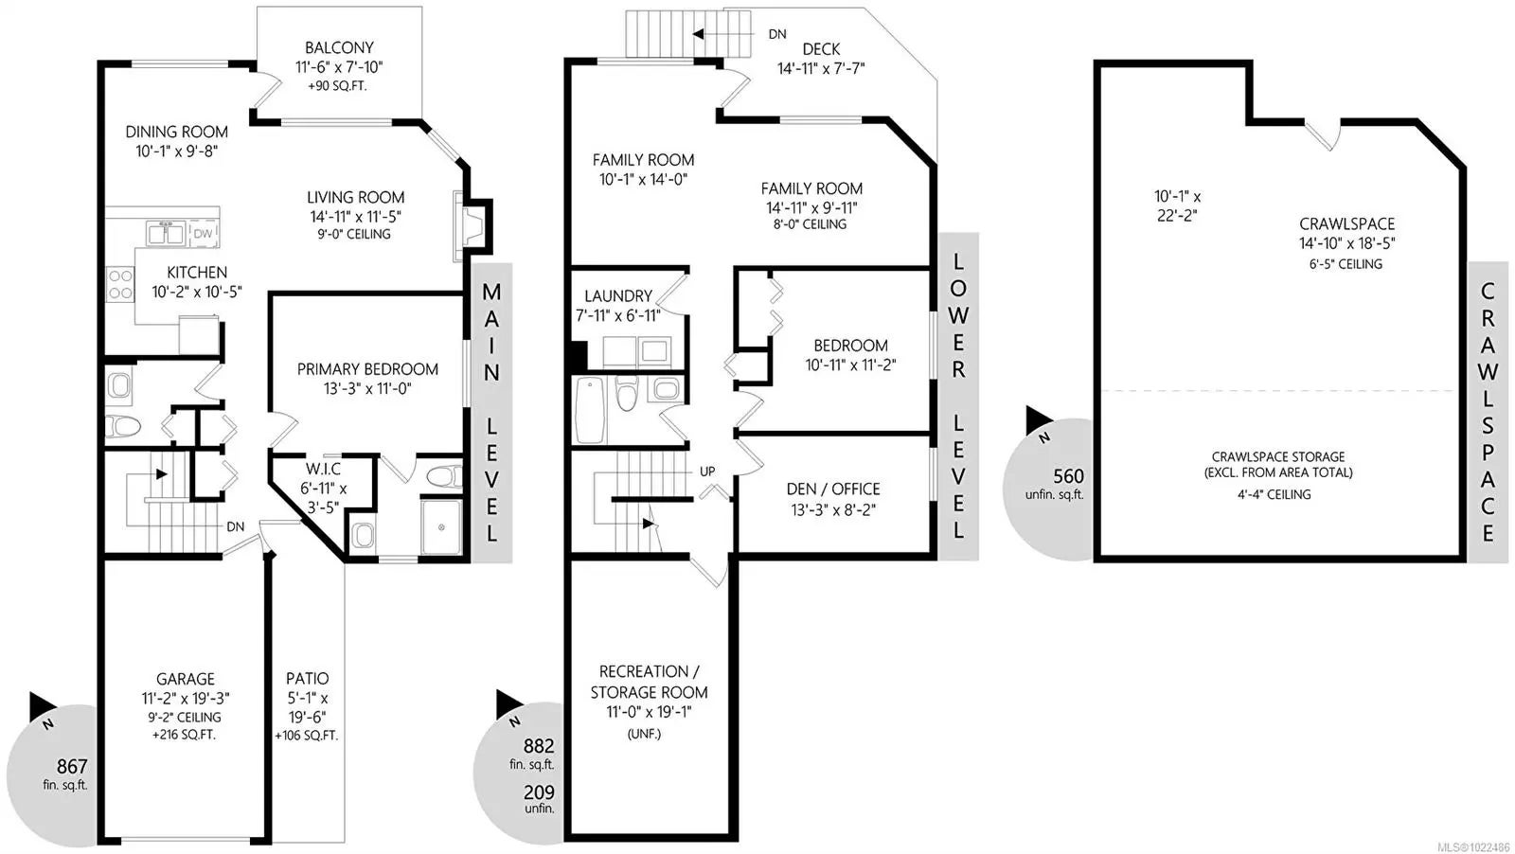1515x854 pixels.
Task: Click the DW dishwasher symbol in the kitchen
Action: [x=203, y=233]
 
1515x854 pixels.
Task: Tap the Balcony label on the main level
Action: [x=339, y=47]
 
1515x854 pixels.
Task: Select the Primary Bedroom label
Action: [x=367, y=369]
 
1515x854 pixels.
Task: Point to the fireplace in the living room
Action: [x=472, y=226]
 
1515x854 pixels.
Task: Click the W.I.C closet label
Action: [x=323, y=469]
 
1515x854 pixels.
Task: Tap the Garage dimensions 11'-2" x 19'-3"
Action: [x=186, y=698]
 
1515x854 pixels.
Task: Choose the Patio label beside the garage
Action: [x=307, y=678]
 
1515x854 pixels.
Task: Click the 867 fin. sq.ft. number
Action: [x=72, y=766]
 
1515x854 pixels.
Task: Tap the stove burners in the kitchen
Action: [x=120, y=284]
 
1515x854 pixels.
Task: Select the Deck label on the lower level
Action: [x=821, y=48]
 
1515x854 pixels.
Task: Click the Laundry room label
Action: [x=618, y=295]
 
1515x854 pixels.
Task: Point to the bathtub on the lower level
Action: [x=590, y=411]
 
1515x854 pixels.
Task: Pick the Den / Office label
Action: [x=833, y=489]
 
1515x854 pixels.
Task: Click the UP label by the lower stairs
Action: [x=707, y=471]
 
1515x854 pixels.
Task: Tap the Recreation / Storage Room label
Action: [x=649, y=682]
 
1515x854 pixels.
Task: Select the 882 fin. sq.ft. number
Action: [x=539, y=746]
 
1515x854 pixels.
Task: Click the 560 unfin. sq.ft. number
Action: [x=1068, y=476]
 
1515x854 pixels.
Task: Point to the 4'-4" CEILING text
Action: [x=1274, y=494]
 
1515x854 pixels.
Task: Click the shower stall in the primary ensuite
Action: [x=441, y=526]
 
